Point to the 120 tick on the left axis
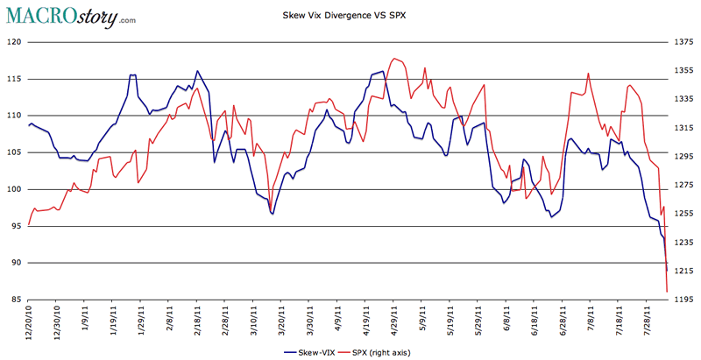coord(14,42)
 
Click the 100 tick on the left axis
coord(14,190)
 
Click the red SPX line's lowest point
coord(668,291)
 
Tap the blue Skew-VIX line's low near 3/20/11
coord(273,214)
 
